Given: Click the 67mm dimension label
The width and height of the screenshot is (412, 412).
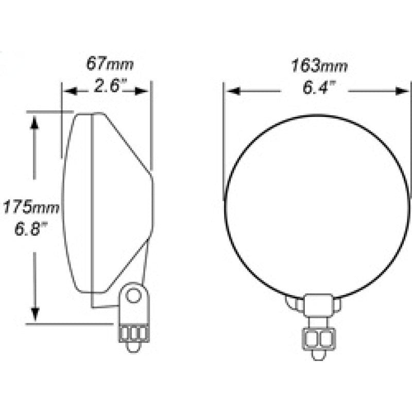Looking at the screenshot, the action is (110, 63).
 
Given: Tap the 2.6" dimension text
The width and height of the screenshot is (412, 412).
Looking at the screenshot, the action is (110, 85).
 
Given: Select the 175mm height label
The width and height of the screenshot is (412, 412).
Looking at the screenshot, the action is (31, 207).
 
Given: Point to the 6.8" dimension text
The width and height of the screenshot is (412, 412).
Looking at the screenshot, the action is (31, 229).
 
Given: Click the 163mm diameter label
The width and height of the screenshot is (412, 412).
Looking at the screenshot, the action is (319, 66).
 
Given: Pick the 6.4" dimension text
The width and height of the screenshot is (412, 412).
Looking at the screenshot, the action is (319, 88).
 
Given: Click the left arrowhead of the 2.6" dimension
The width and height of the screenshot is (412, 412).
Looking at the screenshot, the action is (70, 92).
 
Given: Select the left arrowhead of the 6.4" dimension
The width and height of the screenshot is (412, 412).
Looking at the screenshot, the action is (233, 91).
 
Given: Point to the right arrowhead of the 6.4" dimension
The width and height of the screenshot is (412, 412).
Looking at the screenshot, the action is (402, 91).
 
